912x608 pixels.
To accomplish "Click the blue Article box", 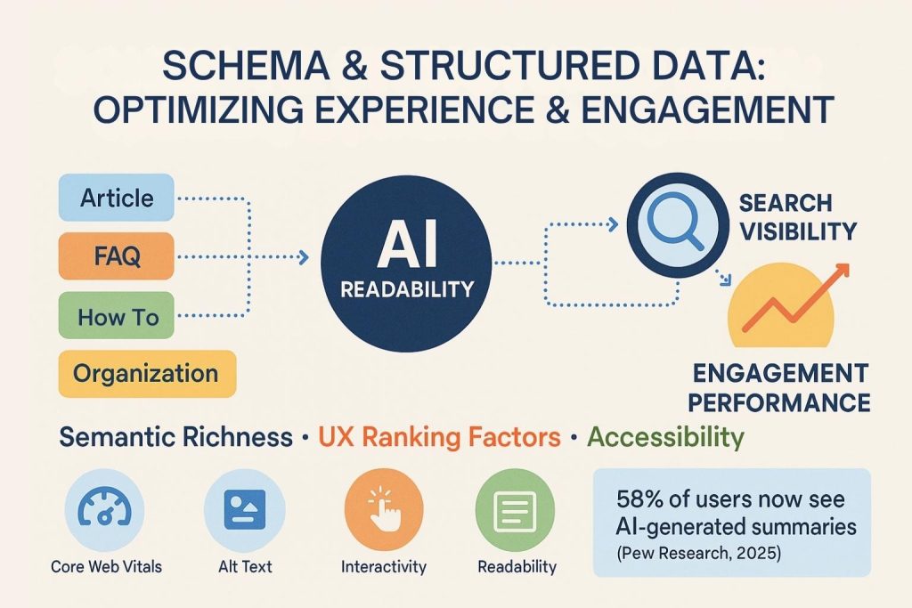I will click(x=117, y=198).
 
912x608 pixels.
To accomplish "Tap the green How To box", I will click(x=117, y=316).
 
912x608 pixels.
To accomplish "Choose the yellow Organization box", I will click(x=146, y=373).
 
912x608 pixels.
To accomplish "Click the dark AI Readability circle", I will click(x=405, y=259).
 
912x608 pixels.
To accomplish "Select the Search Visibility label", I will click(x=797, y=217).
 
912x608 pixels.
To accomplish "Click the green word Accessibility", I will click(x=665, y=437).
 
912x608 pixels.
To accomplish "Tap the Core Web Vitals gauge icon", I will click(x=105, y=509).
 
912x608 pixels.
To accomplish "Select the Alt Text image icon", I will click(x=244, y=509).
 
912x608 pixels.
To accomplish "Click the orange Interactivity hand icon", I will click(x=384, y=509).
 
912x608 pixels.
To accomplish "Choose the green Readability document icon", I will click(x=517, y=509).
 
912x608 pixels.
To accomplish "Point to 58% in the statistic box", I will click(x=644, y=499).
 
